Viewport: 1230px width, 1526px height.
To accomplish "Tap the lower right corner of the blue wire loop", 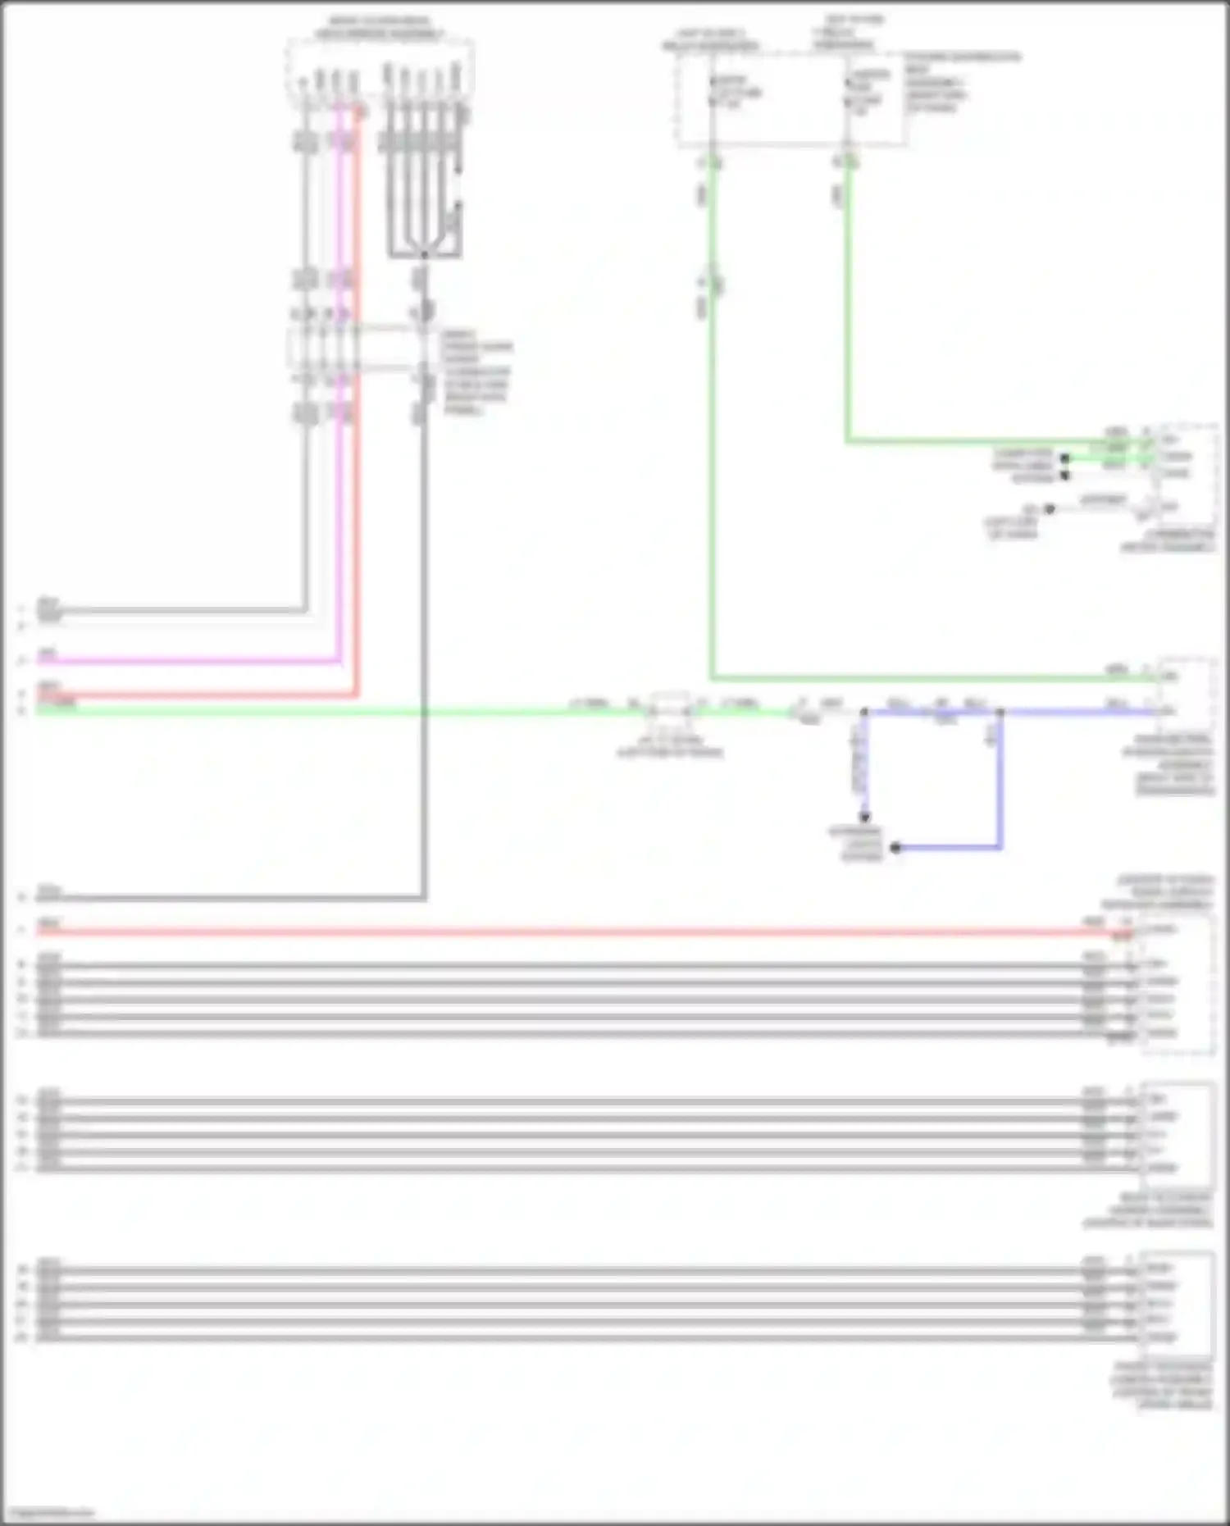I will click(1000, 847).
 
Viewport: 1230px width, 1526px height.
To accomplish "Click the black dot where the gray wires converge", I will click(424, 255).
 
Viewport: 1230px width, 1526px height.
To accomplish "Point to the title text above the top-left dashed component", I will click(380, 29).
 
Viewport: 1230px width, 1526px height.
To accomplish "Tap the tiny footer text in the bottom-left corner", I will click(47, 1513).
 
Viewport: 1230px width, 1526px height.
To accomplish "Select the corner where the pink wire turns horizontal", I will click(339, 660).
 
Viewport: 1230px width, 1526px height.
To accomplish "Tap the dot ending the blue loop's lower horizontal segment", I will click(896, 847).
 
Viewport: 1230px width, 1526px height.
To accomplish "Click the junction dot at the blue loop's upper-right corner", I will click(1000, 713).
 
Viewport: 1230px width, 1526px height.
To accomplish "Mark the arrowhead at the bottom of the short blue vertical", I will click(864, 817).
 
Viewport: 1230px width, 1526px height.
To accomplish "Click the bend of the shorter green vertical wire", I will click(848, 442).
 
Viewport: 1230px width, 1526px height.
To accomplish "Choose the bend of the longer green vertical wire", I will click(712, 678).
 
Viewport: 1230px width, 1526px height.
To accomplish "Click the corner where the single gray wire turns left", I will click(424, 898).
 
